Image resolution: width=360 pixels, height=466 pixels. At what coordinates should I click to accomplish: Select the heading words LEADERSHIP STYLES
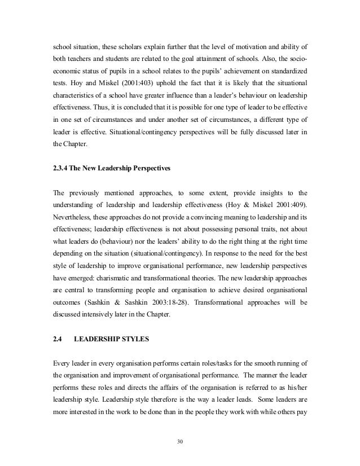113,339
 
